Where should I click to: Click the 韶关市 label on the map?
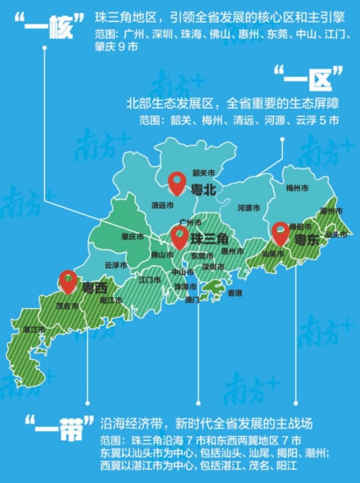(203, 172)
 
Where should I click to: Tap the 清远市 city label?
(162, 205)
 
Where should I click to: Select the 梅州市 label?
(297, 188)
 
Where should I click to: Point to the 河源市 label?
(249, 208)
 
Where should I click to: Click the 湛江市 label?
(34, 329)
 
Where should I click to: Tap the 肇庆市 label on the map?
(133, 237)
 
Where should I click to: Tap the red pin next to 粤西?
(68, 282)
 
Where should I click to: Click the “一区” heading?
(308, 78)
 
